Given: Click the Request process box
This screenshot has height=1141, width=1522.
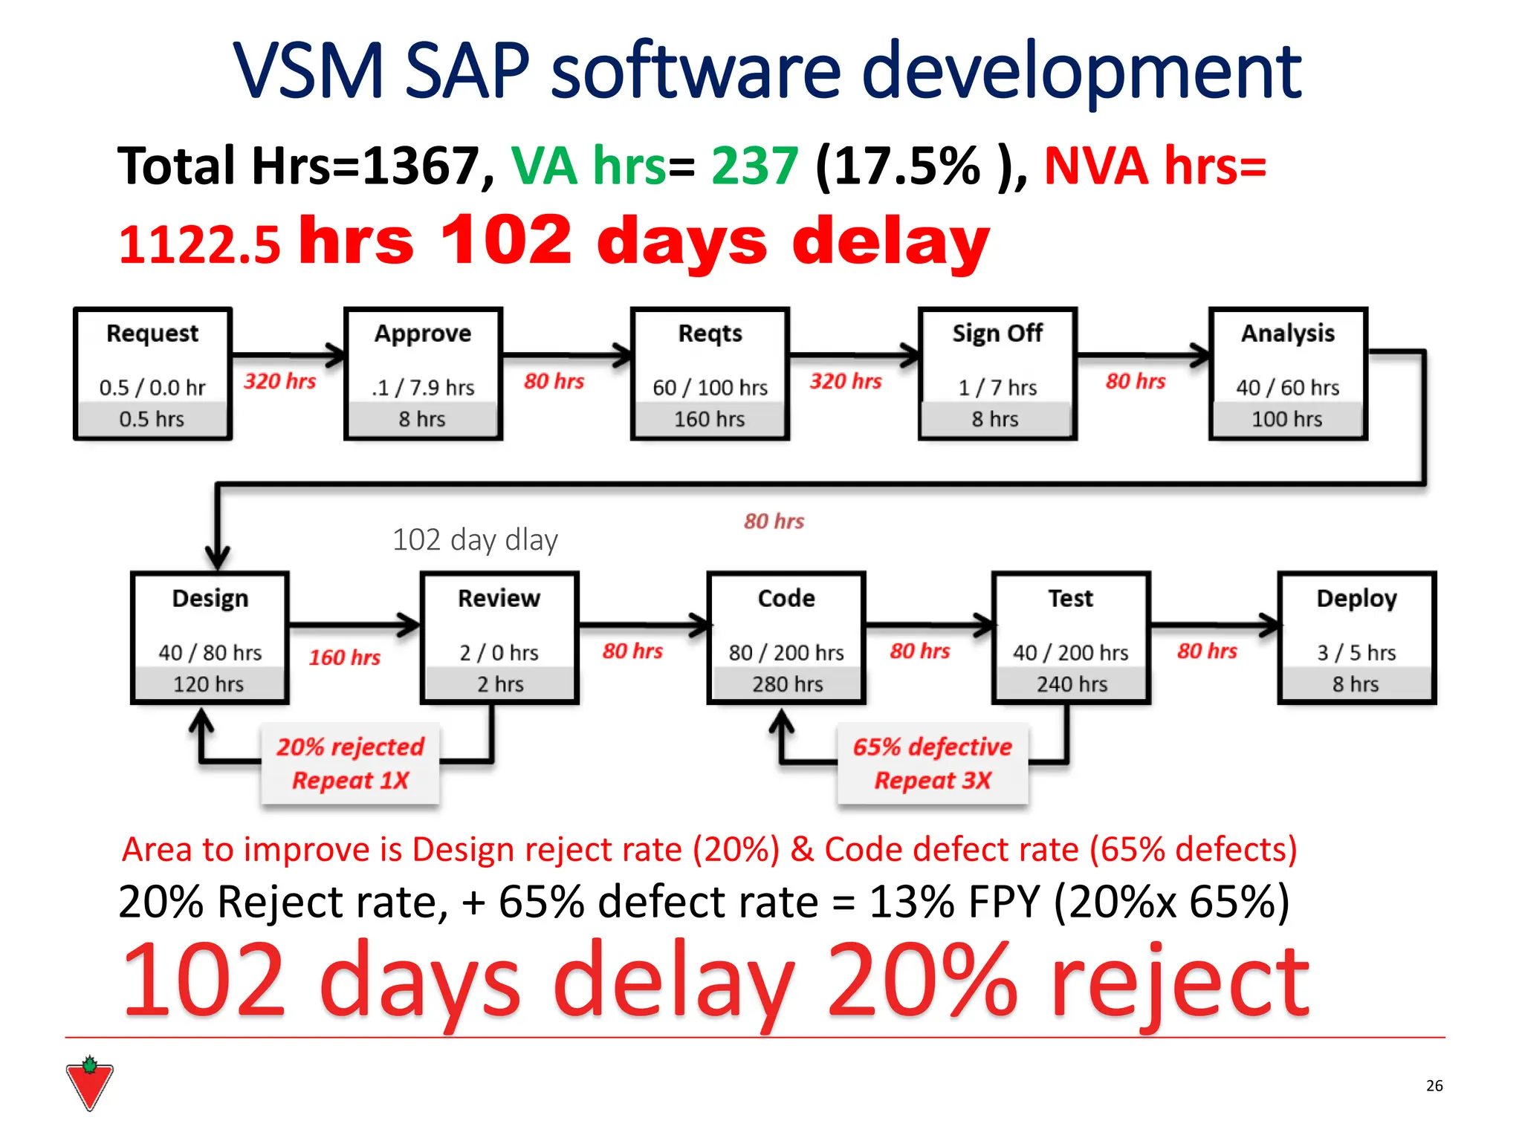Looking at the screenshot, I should pos(152,374).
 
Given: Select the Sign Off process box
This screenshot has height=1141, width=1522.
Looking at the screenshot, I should pos(997,374).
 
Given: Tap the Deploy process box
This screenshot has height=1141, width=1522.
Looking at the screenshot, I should pos(1356,638).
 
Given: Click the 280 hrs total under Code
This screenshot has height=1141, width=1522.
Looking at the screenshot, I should pos(787,684).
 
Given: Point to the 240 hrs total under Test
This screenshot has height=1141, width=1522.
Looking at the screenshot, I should pos(1072,684).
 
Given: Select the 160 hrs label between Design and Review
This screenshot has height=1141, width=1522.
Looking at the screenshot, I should pos(345,657).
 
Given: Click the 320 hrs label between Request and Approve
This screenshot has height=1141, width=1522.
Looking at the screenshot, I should pos(280,381).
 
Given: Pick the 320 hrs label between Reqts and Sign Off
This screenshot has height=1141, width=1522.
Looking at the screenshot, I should pos(846,381).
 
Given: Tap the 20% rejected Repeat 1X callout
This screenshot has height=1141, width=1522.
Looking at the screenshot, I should pos(350,764).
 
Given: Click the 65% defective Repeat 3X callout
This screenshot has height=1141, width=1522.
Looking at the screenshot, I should pos(933,764).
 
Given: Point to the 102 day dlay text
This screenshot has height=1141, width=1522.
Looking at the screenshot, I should pos(474,540).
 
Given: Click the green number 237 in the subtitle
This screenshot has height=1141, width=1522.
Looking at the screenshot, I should pos(754,166).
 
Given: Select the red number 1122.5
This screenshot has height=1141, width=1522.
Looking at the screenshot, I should pos(200,245).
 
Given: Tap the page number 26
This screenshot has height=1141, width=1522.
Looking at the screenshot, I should pos(1434,1085).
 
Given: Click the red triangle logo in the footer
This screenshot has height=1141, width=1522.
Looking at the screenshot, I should pos(89,1085).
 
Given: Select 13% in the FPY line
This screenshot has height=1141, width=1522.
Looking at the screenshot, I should pos(911,902).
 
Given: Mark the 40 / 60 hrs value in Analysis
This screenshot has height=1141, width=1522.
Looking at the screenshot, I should pos(1287,388).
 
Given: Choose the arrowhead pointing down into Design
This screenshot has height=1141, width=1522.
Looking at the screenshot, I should pos(217,558).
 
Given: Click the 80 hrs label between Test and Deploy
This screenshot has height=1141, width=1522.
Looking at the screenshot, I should pos(1207,651).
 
